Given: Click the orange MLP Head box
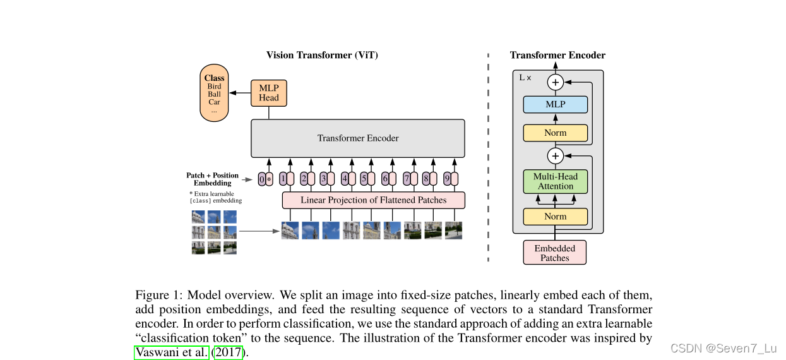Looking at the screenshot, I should pos(268,93).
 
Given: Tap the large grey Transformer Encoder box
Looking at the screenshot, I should pos(357,138).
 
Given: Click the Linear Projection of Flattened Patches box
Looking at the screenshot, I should pos(373,200).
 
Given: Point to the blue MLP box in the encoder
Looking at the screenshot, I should pos(556,104).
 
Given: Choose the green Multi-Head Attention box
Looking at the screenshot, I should pos(556,181).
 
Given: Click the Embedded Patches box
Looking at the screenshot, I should pos(555,253).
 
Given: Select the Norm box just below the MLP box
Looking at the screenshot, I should pos(556,133).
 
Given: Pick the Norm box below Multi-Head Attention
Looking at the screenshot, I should pos(556,217).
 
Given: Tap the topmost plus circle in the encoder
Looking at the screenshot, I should pos(556,82).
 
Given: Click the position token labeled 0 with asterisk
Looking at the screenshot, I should pos(266,179).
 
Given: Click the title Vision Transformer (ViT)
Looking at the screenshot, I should pos(322,55).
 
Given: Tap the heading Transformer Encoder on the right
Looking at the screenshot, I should pos(557,56).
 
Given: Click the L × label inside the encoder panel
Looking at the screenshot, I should pos(525,78).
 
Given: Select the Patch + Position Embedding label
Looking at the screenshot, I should pos(212,179).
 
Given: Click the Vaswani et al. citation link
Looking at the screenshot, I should pos(172,352).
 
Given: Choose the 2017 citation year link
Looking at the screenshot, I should pos(229,352).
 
